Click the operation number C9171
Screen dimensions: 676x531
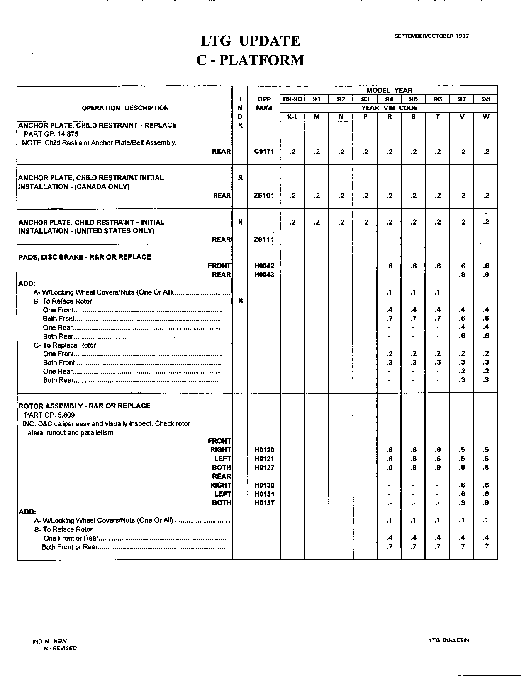[264, 152]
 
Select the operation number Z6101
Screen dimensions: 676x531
[264, 196]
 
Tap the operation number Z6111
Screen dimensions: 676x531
[264, 239]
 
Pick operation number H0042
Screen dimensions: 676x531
[264, 266]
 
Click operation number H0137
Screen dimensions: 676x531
[264, 503]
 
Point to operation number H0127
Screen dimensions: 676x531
[264, 468]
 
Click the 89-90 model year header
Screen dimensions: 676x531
[292, 99]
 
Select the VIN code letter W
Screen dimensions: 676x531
[486, 117]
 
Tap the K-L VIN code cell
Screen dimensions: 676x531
[292, 117]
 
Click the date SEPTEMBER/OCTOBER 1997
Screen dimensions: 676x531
[431, 36]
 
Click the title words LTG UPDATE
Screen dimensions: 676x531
[250, 41]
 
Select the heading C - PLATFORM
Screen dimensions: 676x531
[250, 60]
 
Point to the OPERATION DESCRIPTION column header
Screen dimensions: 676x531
[125, 108]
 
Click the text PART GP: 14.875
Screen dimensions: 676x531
[51, 134]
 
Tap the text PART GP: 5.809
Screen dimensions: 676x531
[49, 415]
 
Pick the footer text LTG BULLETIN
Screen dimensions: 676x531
[449, 640]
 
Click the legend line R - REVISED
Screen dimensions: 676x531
[60, 648]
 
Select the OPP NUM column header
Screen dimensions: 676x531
[264, 104]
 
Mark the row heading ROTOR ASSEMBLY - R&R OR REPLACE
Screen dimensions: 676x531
[85, 406]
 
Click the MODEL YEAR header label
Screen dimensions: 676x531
[389, 90]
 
